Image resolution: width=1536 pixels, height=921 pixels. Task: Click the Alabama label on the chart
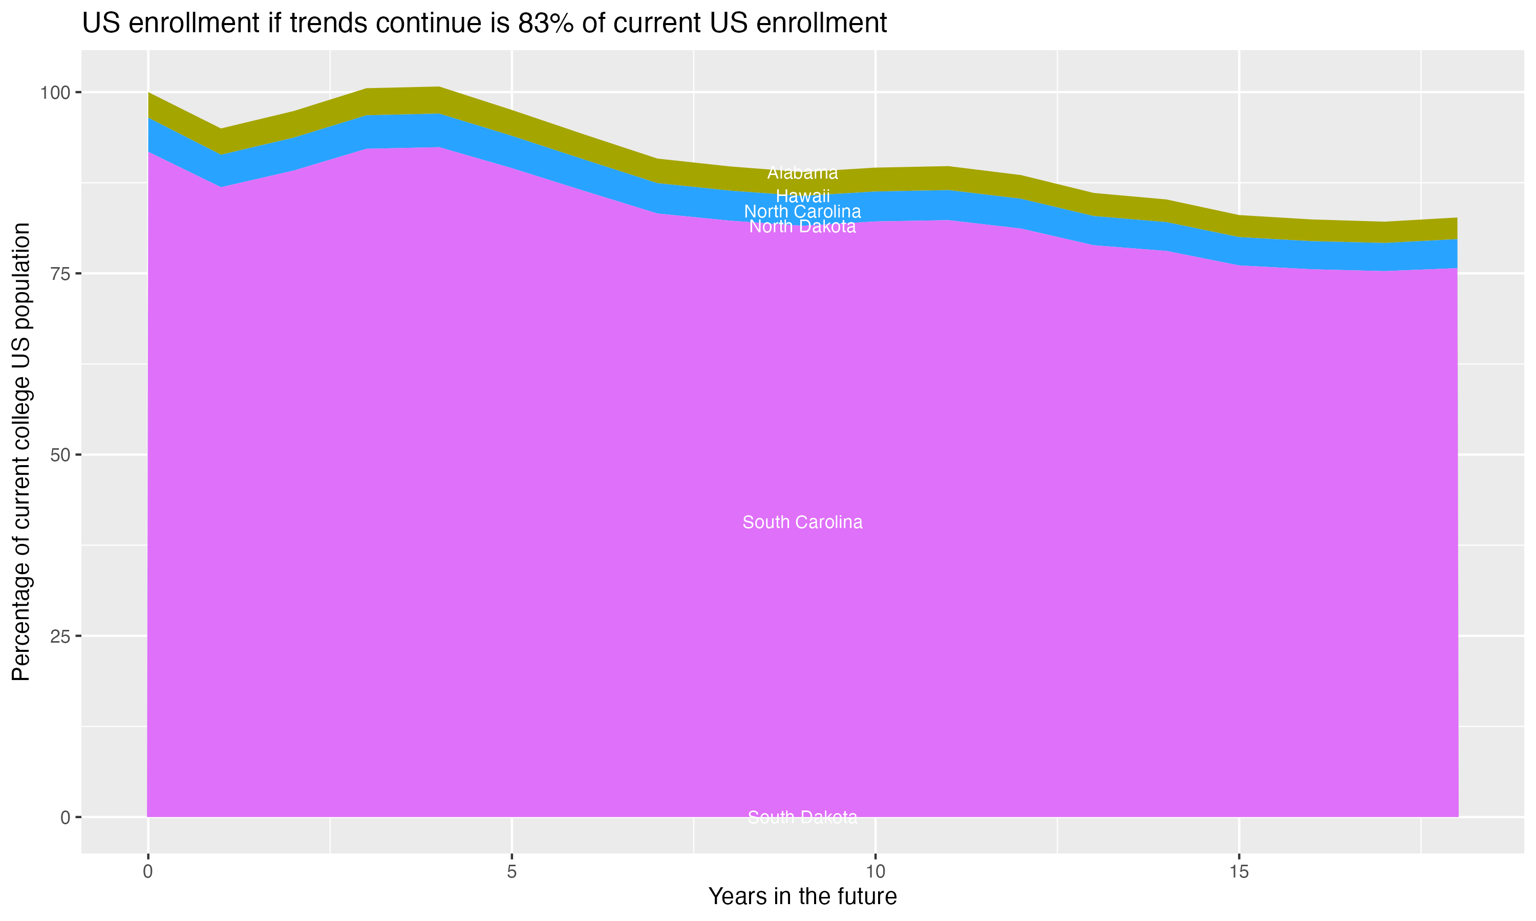(802, 173)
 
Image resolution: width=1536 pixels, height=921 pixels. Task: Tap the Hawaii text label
(802, 196)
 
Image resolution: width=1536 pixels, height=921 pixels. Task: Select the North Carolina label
(802, 212)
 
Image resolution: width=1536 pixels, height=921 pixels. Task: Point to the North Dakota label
(802, 227)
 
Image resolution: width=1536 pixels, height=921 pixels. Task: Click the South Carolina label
(802, 522)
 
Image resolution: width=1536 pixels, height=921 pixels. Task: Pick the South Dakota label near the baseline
(802, 817)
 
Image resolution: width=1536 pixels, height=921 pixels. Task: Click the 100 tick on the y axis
(56, 93)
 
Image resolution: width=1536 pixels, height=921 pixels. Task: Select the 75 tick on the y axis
(61, 274)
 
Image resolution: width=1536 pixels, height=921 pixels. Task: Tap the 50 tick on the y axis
(61, 455)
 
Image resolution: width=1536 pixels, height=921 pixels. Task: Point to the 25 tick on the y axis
(61, 636)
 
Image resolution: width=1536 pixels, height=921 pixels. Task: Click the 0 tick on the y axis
(65, 817)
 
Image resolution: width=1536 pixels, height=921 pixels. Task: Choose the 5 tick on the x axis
(511, 872)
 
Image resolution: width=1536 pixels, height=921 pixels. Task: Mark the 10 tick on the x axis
(875, 872)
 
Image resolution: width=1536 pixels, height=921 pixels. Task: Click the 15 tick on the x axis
(1239, 872)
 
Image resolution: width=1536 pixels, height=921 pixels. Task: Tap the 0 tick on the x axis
(148, 872)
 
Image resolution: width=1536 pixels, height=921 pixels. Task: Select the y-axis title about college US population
(21, 451)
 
